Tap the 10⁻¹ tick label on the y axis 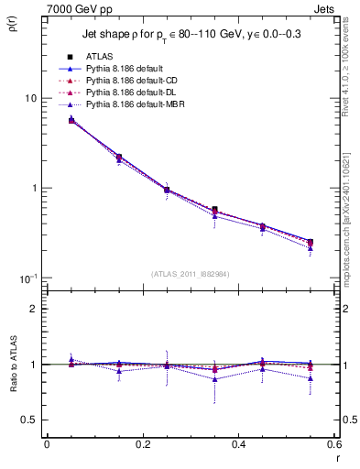(x=28, y=278)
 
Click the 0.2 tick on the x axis (x=142, y=446)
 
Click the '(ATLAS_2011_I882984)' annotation (x=191, y=274)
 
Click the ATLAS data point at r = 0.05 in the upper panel (x=71, y=120)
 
